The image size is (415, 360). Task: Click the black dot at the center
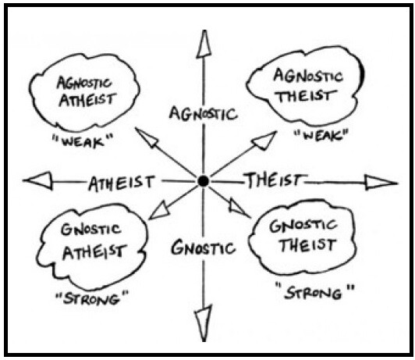tap(204, 181)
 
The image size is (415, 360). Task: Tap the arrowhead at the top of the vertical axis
tap(204, 44)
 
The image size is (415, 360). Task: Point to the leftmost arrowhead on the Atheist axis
tap(38, 181)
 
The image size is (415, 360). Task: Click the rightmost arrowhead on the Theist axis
tap(381, 183)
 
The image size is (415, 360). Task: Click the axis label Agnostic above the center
tap(204, 114)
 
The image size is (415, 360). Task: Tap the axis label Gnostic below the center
tap(204, 248)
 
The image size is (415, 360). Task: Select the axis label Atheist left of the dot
tap(121, 183)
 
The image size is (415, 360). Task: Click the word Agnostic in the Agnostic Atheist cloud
tap(84, 83)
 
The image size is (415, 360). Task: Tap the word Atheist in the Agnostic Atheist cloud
tap(87, 99)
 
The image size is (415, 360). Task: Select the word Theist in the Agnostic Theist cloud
tap(307, 95)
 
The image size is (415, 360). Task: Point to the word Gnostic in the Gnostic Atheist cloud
tap(90, 230)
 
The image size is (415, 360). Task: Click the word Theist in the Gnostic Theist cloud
tap(309, 244)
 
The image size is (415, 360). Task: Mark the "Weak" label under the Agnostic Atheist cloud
tap(83, 141)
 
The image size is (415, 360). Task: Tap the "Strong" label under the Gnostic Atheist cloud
tap(91, 298)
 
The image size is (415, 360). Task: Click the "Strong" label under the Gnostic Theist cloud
tap(314, 291)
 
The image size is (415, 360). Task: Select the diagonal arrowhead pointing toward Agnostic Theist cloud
tap(264, 141)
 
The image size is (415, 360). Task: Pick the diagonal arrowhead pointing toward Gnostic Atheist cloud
tap(160, 211)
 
